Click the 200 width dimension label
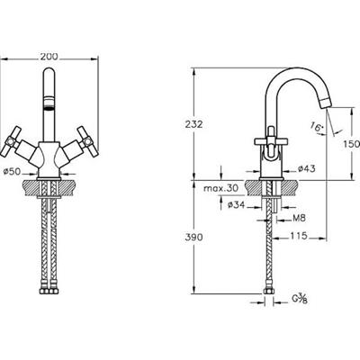[49, 57]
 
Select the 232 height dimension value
[193, 124]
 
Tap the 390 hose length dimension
[193, 238]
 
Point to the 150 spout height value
[351, 144]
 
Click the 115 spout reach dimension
[299, 236]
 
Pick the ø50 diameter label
[12, 172]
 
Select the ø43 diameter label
[307, 169]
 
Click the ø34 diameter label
[237, 205]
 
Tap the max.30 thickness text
[221, 188]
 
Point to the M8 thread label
[299, 218]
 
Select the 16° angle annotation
[315, 127]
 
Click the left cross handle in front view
[12, 141]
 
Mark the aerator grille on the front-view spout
[49, 103]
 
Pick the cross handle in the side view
[271, 140]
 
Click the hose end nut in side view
[269, 292]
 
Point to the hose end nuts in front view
[49, 291]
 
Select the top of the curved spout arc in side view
[288, 69]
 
